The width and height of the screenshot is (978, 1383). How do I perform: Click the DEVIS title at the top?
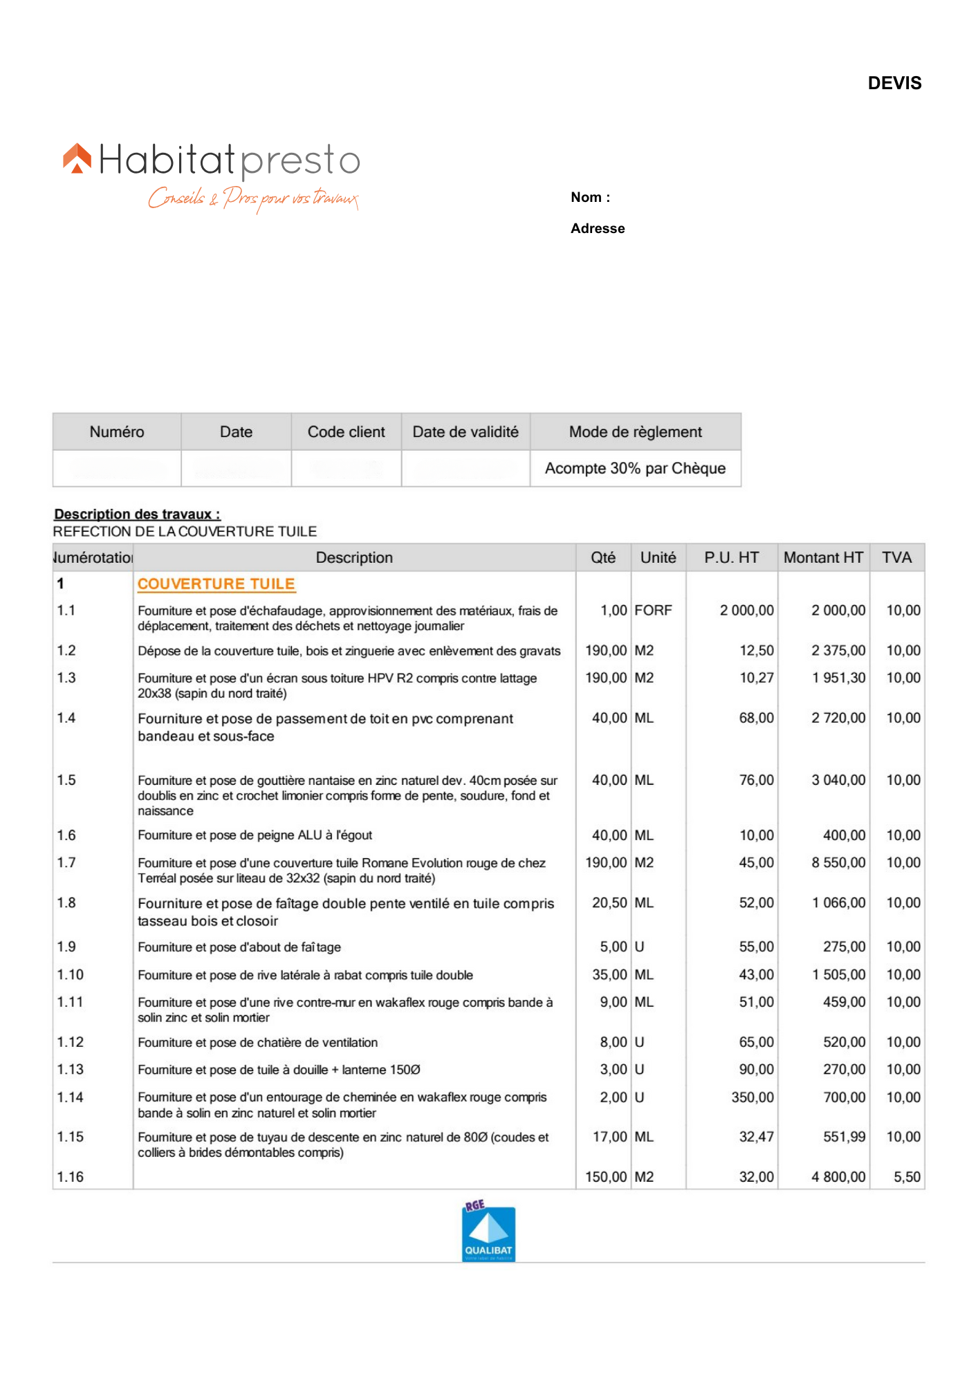(894, 83)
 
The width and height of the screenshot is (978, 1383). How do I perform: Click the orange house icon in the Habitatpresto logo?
(77, 158)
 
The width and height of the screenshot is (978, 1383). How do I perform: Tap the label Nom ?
(590, 197)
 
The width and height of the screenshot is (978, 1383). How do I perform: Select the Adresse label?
(598, 228)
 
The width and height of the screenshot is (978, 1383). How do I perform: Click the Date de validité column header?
(465, 432)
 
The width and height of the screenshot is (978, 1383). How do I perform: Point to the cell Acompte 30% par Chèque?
(635, 468)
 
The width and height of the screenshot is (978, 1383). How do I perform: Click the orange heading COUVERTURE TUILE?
(216, 584)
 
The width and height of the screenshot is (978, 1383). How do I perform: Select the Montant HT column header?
(823, 557)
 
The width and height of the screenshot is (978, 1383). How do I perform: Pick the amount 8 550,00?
(838, 862)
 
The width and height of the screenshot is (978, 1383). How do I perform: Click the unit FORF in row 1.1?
(653, 610)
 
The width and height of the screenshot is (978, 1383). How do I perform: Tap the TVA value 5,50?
(907, 1177)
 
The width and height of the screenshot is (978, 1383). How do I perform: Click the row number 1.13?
(71, 1069)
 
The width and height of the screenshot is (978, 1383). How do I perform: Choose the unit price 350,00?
(753, 1097)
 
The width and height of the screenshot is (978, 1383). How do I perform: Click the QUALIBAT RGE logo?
(488, 1232)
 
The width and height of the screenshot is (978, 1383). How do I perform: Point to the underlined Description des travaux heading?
(137, 514)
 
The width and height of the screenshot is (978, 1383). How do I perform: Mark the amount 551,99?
(844, 1137)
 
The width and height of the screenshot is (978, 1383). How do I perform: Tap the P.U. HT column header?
(731, 557)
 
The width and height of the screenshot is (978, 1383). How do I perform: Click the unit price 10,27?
(757, 678)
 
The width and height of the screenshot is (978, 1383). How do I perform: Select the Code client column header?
(346, 432)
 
